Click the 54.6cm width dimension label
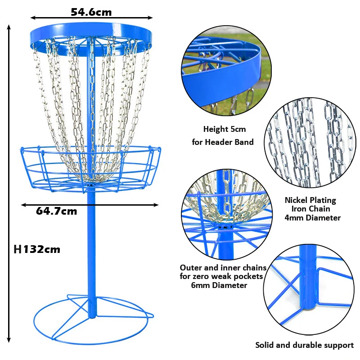91,12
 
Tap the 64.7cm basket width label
56,211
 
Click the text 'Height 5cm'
225,129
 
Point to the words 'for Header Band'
223,142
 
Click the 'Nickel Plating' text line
310,200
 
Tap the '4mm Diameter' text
312,218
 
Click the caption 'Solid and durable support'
304,345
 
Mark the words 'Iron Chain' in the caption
310,209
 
